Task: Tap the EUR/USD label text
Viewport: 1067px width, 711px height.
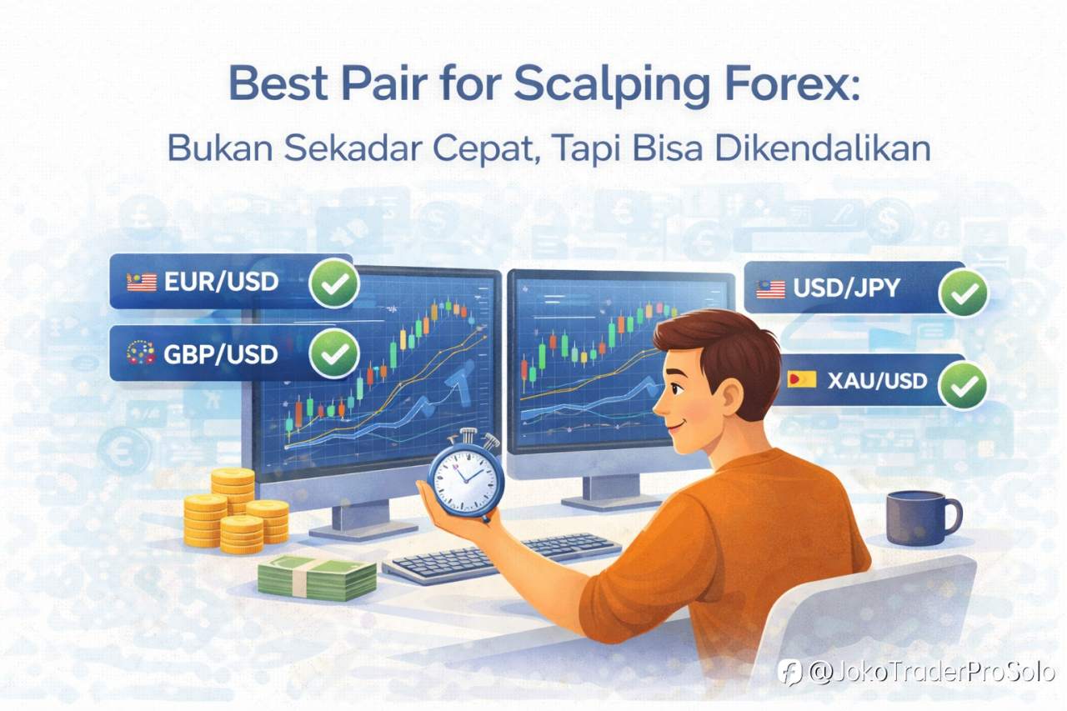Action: click(x=221, y=282)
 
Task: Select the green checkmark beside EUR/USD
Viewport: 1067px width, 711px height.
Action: click(x=334, y=284)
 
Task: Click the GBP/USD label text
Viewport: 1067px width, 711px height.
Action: click(x=221, y=354)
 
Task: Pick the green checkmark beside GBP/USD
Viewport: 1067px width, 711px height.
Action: click(x=334, y=355)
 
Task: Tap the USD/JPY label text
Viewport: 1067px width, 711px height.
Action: click(x=846, y=289)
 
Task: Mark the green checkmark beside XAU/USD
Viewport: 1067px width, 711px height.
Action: click(x=963, y=384)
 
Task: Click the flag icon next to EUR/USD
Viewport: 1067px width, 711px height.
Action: click(x=142, y=283)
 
